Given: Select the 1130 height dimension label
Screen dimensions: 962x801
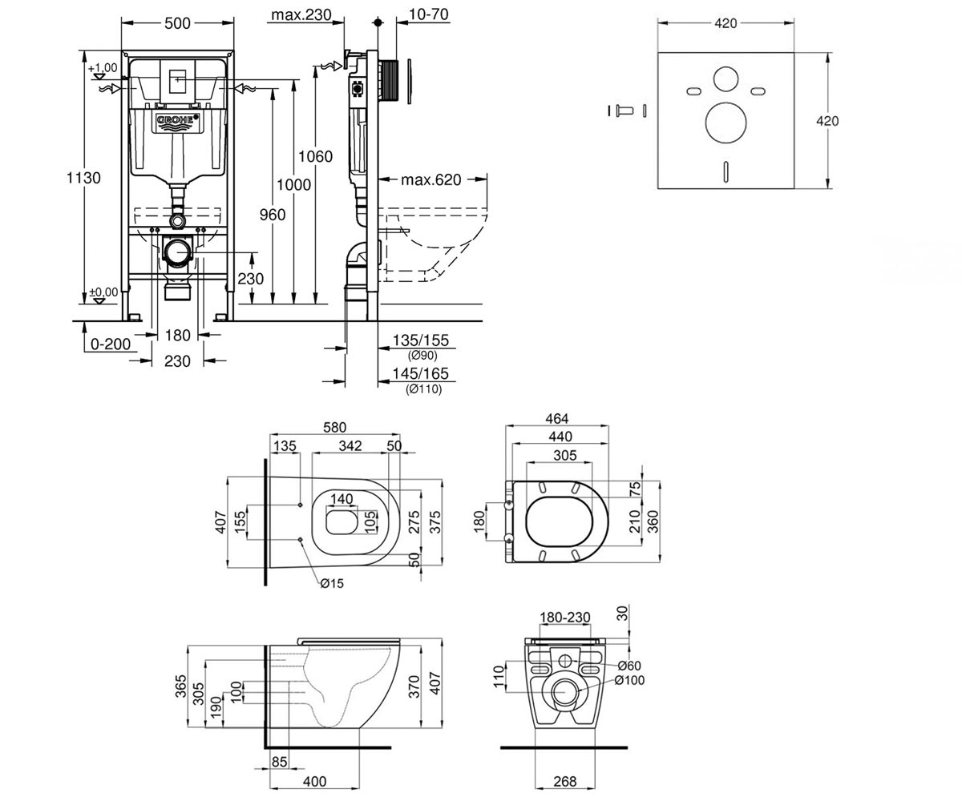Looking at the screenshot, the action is pyautogui.click(x=83, y=178).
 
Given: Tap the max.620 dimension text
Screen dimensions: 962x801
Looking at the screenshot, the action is pyautogui.click(x=430, y=179).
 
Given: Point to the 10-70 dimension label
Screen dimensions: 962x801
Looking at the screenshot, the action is pyautogui.click(x=428, y=14).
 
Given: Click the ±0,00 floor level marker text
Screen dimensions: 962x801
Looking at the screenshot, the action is pyautogui.click(x=103, y=292).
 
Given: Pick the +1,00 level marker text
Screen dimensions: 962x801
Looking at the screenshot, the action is pyautogui.click(x=103, y=67).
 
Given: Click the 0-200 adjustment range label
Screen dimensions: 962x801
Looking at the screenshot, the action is pyautogui.click(x=111, y=344).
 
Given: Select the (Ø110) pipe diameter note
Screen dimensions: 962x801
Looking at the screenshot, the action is pyautogui.click(x=424, y=389).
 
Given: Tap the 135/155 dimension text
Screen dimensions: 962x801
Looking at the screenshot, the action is pyautogui.click(x=420, y=340).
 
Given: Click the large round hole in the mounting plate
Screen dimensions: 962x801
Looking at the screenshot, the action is pyautogui.click(x=726, y=123).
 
